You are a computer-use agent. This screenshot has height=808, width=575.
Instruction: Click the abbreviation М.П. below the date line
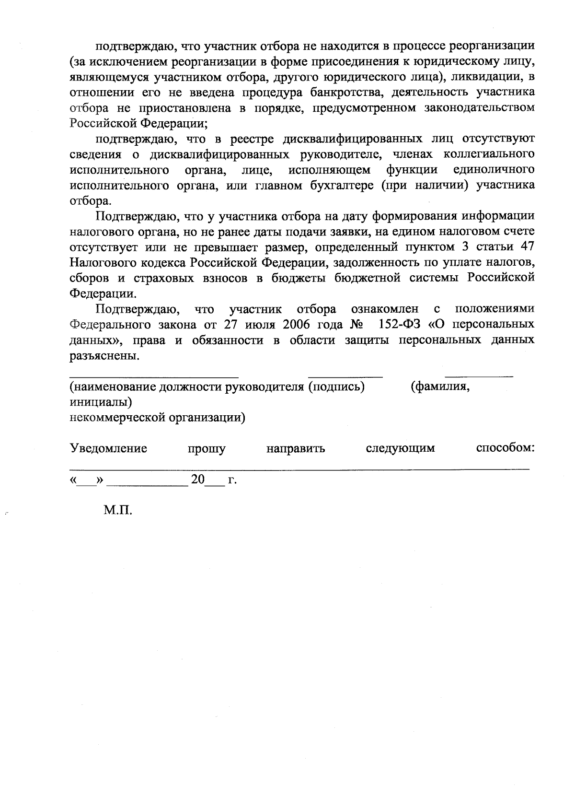click(x=117, y=510)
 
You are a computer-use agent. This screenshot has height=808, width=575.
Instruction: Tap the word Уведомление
click(x=108, y=448)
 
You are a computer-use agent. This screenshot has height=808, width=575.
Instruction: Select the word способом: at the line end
click(x=505, y=448)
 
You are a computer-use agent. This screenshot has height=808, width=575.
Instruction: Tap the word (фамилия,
click(x=440, y=387)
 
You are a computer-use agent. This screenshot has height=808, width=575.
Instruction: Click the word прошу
click(x=207, y=449)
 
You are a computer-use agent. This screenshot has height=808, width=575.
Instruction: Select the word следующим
click(x=400, y=448)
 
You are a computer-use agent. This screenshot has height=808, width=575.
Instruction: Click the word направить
click(x=296, y=449)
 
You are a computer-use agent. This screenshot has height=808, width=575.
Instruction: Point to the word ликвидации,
click(x=484, y=77)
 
